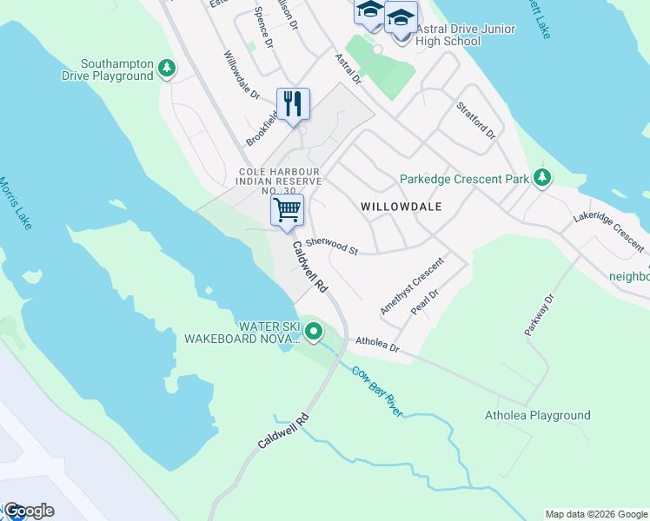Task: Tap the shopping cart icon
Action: coord(286,209)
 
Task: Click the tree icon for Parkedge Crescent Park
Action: coord(542,179)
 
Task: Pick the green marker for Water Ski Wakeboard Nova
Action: coord(314,332)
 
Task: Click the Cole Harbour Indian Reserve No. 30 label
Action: coord(281,181)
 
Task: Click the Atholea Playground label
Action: coord(537,415)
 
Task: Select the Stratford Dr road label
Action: coord(475,121)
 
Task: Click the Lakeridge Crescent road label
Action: coord(607,225)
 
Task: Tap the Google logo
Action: coord(28,511)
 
